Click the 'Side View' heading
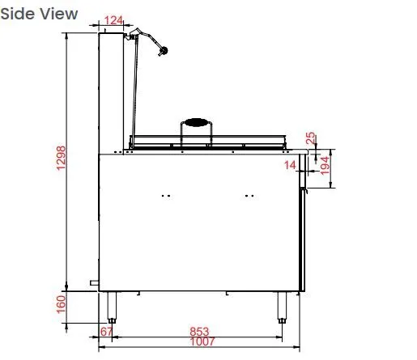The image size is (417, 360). coord(39,14)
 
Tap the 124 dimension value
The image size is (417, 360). coord(113,20)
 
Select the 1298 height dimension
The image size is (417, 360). coord(61,158)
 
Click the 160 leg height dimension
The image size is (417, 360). coord(61,304)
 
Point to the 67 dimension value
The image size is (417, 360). coord(106,332)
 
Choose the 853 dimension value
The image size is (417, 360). coord(199,332)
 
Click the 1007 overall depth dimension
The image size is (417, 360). coord(202,341)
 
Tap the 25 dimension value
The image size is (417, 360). coord(310,138)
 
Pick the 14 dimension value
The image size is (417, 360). coord(290,165)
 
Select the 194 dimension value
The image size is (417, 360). coord(325,166)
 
